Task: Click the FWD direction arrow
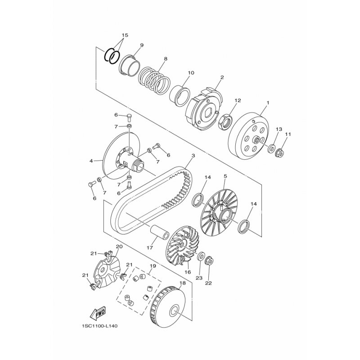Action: pos(98,313)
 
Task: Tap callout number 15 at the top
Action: pos(125,35)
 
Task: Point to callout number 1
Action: pos(267,103)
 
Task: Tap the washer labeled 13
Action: pos(272,148)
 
